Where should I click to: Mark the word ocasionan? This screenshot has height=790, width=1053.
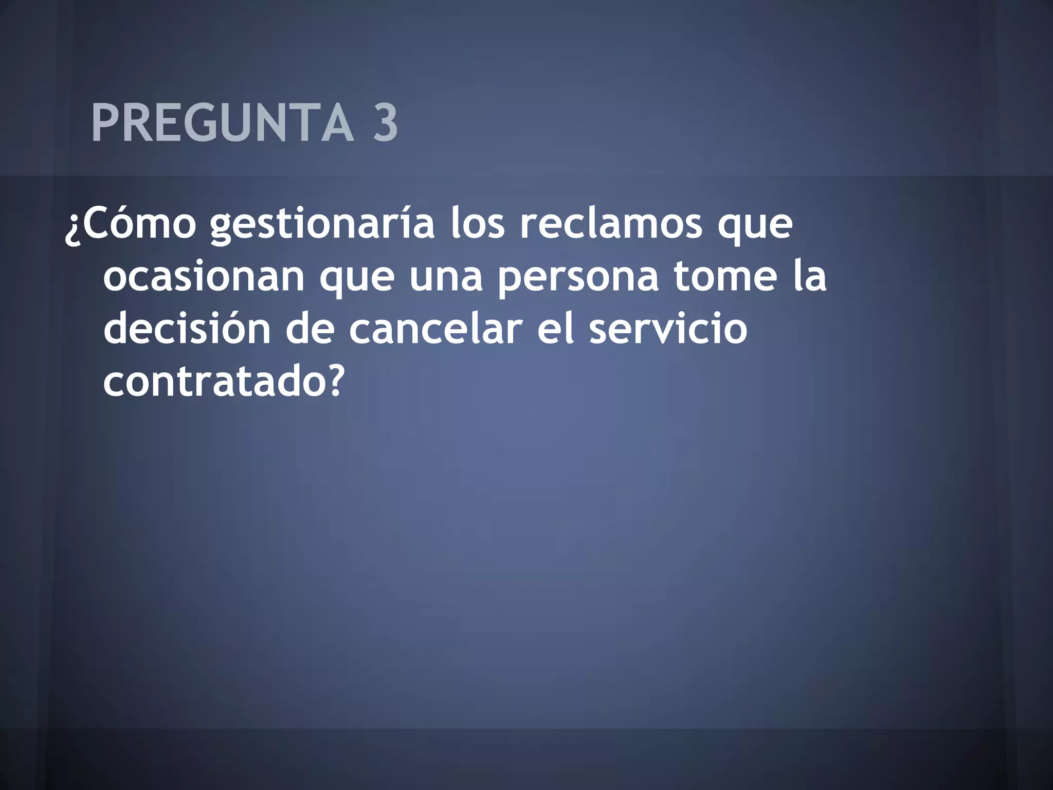click(x=204, y=278)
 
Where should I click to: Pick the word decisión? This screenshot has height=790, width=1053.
click(x=187, y=329)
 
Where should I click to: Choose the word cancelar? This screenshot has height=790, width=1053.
click(x=435, y=329)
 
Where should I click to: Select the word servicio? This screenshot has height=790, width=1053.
click(x=668, y=329)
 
